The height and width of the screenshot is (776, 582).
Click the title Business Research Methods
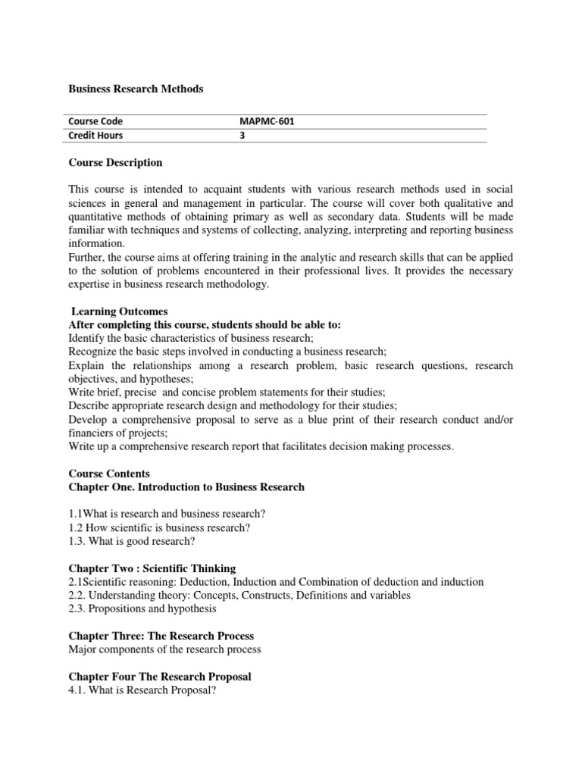click(x=136, y=89)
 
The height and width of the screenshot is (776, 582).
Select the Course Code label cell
click(x=95, y=121)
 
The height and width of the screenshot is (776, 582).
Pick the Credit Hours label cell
click(x=95, y=136)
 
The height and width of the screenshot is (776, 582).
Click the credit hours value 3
click(x=242, y=136)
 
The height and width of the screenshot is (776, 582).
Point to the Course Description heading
click(x=115, y=162)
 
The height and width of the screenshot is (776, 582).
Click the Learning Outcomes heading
click(x=119, y=311)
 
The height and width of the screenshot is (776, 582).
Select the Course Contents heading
click(x=109, y=474)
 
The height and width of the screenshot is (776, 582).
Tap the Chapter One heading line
click(x=186, y=487)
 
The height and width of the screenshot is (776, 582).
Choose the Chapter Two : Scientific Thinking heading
click(x=152, y=568)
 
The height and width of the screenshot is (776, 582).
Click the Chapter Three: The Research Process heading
click(x=161, y=636)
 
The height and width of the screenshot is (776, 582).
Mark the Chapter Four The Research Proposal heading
click(x=160, y=676)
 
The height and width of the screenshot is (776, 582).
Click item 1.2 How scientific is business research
click(x=159, y=527)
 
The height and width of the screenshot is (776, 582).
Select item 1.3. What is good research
click(x=132, y=541)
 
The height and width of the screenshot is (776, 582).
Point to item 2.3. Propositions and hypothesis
click(x=142, y=609)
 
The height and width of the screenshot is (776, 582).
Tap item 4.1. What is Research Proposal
click(x=142, y=690)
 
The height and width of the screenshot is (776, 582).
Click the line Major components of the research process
click(x=164, y=649)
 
